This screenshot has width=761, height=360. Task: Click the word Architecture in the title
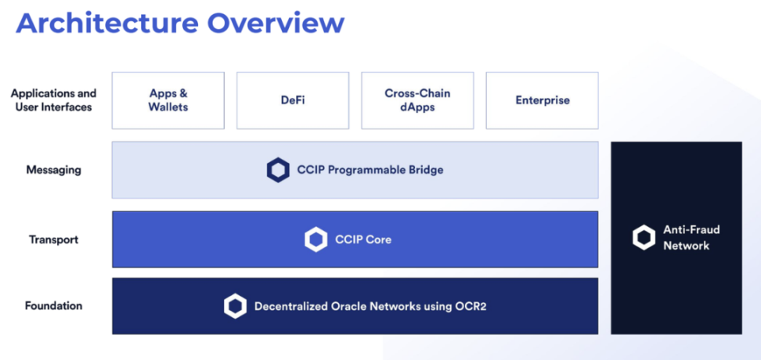tap(106, 23)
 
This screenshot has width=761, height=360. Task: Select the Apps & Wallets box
tap(168, 100)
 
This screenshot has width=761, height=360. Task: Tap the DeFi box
tap(293, 100)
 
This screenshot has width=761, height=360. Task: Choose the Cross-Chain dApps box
tap(417, 100)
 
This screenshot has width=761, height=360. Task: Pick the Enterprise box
tap(542, 100)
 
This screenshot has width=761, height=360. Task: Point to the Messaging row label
tap(53, 171)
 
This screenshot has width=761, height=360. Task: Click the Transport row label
tap(53, 239)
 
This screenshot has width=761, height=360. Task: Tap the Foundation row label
tap(53, 306)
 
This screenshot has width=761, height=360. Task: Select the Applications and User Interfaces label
tap(53, 100)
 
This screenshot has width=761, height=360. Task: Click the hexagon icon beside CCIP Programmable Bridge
tap(278, 171)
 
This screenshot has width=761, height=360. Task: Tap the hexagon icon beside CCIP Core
tap(316, 239)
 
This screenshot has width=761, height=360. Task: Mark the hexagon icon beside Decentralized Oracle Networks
tap(236, 307)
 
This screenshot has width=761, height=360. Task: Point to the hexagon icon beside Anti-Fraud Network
tap(644, 238)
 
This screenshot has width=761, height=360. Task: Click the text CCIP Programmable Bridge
tap(370, 171)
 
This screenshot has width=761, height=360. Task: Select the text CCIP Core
tap(363, 239)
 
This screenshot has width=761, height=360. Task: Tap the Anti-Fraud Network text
tap(691, 238)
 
